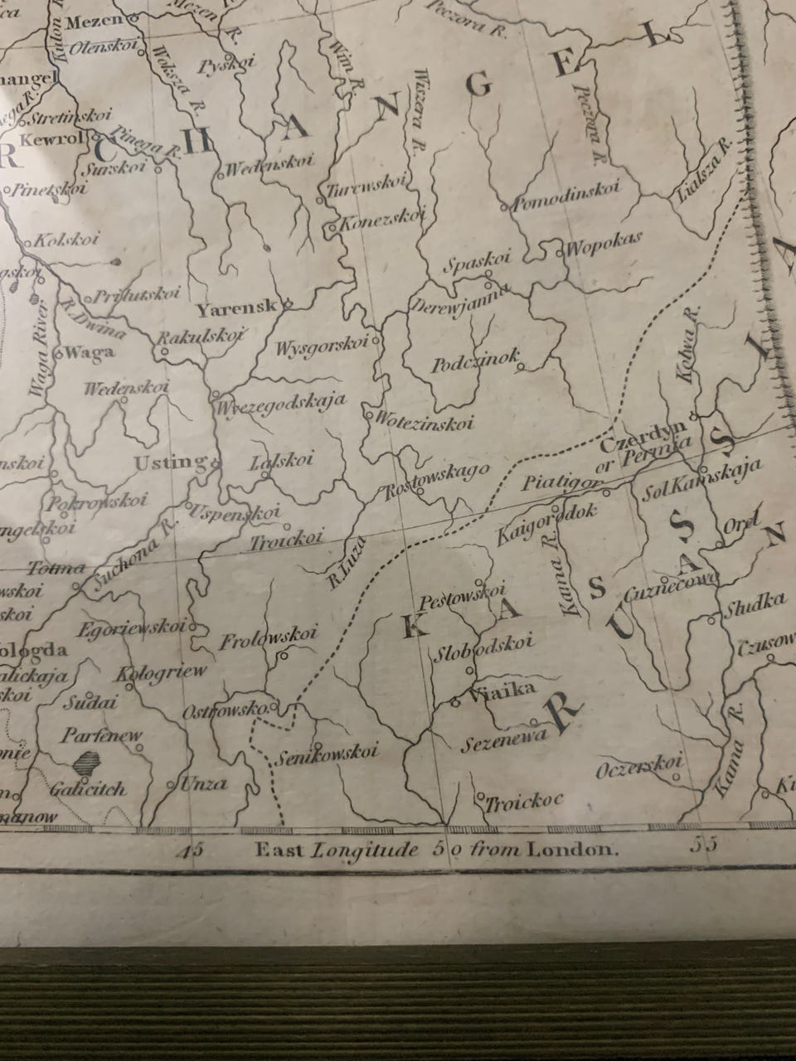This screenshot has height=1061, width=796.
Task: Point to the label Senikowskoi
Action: click(328, 753)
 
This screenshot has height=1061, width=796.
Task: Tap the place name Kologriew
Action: click(162, 671)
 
